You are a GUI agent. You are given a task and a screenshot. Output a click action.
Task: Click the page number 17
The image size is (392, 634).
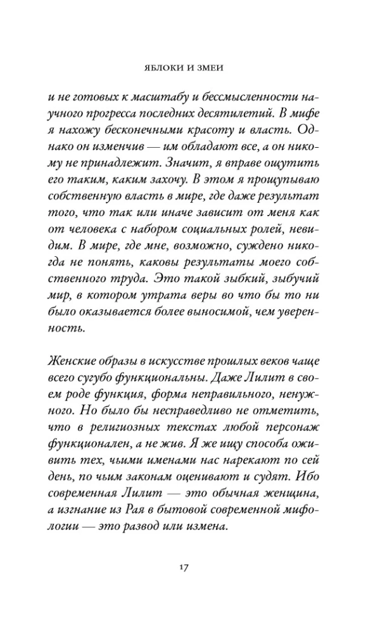196,566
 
